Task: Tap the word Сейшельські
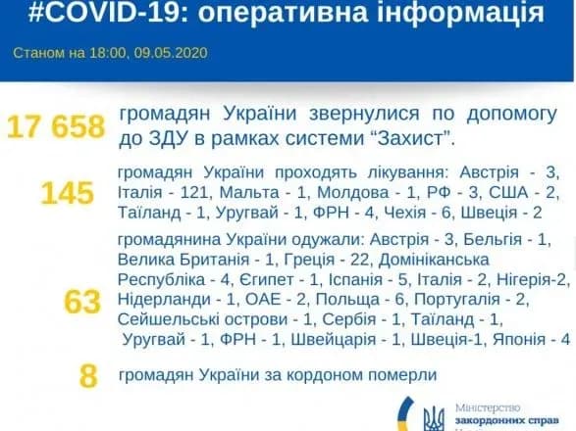(165, 317)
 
